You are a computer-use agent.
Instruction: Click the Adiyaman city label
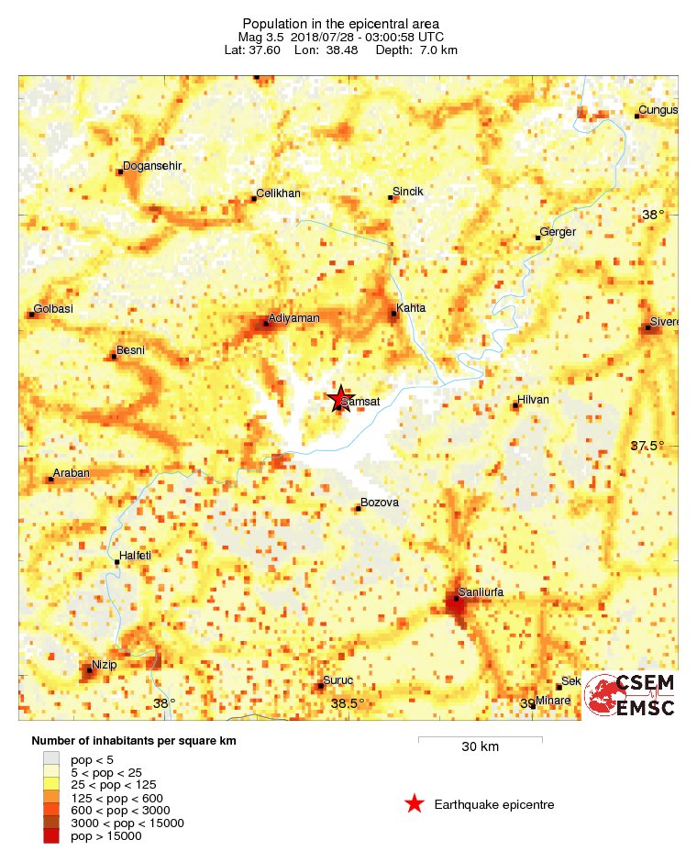click(293, 318)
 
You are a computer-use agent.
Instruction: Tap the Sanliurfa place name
click(481, 592)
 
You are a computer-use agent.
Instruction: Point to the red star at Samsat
click(339, 397)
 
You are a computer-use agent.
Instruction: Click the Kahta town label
click(411, 308)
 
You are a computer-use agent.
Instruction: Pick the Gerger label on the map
click(558, 232)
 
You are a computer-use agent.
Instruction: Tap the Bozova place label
click(380, 503)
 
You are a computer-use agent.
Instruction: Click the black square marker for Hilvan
click(515, 406)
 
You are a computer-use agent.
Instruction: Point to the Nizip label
click(104, 665)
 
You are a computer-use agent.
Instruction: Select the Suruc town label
click(338, 681)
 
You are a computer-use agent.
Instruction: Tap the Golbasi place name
click(53, 309)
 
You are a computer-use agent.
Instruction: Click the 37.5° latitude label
click(647, 446)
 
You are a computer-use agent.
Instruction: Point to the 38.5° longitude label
click(347, 704)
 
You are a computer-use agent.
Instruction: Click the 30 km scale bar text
click(480, 746)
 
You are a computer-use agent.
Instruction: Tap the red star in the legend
click(415, 804)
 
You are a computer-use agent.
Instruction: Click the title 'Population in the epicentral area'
click(341, 23)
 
